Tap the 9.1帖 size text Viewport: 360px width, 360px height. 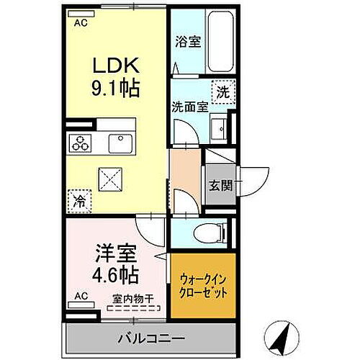pyautogui.click(x=115, y=90)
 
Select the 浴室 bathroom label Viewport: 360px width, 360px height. pyautogui.click(x=189, y=41)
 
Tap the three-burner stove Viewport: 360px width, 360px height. pyautogui.click(x=80, y=143)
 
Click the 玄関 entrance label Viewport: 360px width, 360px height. pyautogui.click(x=221, y=184)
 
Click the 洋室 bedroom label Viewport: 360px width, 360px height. pyautogui.click(x=114, y=255)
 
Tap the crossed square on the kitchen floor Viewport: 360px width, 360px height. pyautogui.click(x=110, y=176)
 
